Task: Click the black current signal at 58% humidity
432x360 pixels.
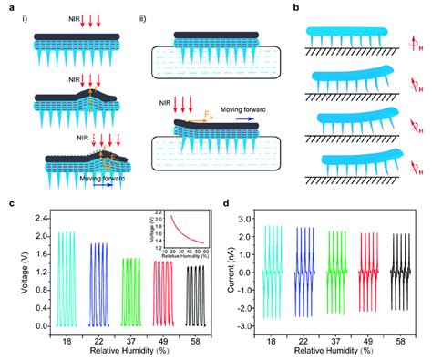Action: tap(405, 271)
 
